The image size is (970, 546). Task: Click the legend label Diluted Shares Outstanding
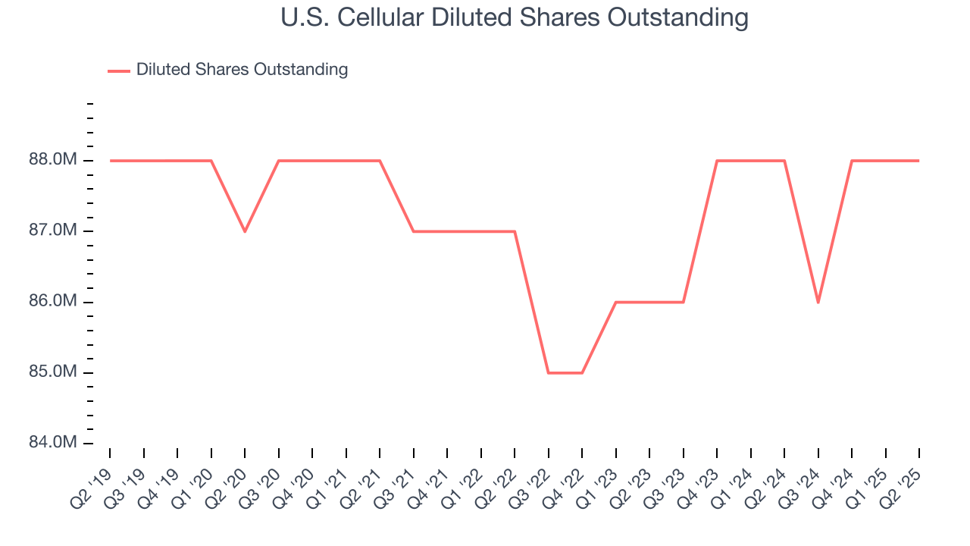(x=242, y=70)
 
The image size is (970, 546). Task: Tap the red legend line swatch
(x=119, y=71)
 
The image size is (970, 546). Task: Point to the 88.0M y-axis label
(x=52, y=161)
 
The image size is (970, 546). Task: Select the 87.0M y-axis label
(x=52, y=231)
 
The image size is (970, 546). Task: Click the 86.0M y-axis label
(x=52, y=302)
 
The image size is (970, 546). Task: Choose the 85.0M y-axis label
(x=52, y=372)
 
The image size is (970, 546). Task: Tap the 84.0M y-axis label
(x=52, y=443)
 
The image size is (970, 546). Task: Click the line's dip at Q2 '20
(x=245, y=231)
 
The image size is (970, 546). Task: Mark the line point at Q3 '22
(x=549, y=373)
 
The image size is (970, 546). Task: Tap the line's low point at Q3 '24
(x=818, y=303)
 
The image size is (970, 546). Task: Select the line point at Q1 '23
(x=616, y=303)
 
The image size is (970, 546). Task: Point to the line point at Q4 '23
(x=717, y=161)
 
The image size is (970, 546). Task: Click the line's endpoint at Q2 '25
(x=919, y=161)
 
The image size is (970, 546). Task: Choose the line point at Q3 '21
(x=414, y=231)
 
